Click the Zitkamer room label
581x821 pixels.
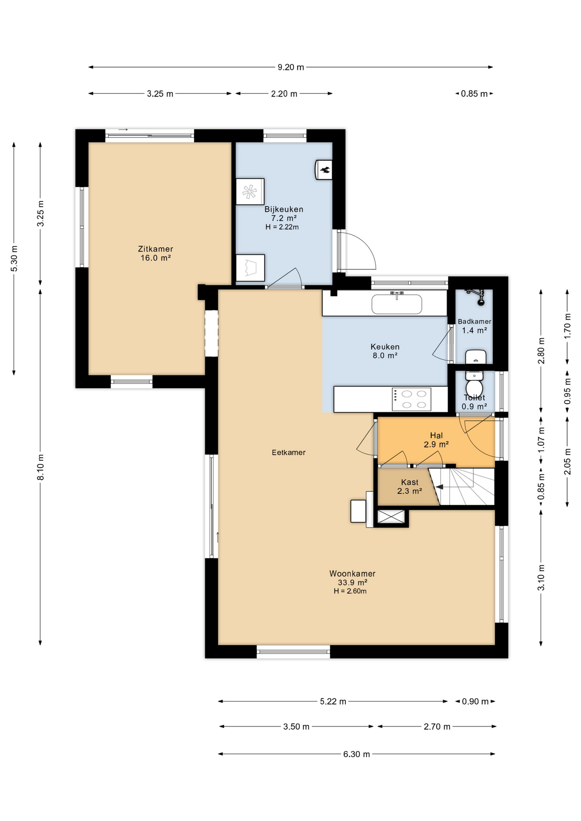pyautogui.click(x=155, y=249)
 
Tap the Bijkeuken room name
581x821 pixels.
pyautogui.click(x=284, y=210)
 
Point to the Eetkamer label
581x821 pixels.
pyautogui.click(x=289, y=452)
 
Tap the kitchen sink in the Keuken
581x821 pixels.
pyautogui.click(x=397, y=304)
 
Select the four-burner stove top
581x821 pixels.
pyautogui.click(x=411, y=399)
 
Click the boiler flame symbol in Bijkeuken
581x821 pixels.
pyautogui.click(x=325, y=171)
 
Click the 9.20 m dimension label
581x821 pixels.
pyautogui.click(x=291, y=67)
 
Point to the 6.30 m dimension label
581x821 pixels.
pyautogui.click(x=356, y=754)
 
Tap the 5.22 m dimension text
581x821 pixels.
pyautogui.click(x=333, y=702)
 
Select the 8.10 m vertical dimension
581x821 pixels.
pyautogui.click(x=41, y=467)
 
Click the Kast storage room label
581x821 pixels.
pyautogui.click(x=410, y=482)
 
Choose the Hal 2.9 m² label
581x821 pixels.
pyautogui.click(x=436, y=440)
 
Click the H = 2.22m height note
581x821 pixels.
pyautogui.click(x=282, y=227)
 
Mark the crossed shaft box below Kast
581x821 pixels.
pyautogui.click(x=391, y=517)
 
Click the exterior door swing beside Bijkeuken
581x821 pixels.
pyautogui.click(x=361, y=251)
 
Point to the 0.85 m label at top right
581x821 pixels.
pyautogui.click(x=474, y=94)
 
